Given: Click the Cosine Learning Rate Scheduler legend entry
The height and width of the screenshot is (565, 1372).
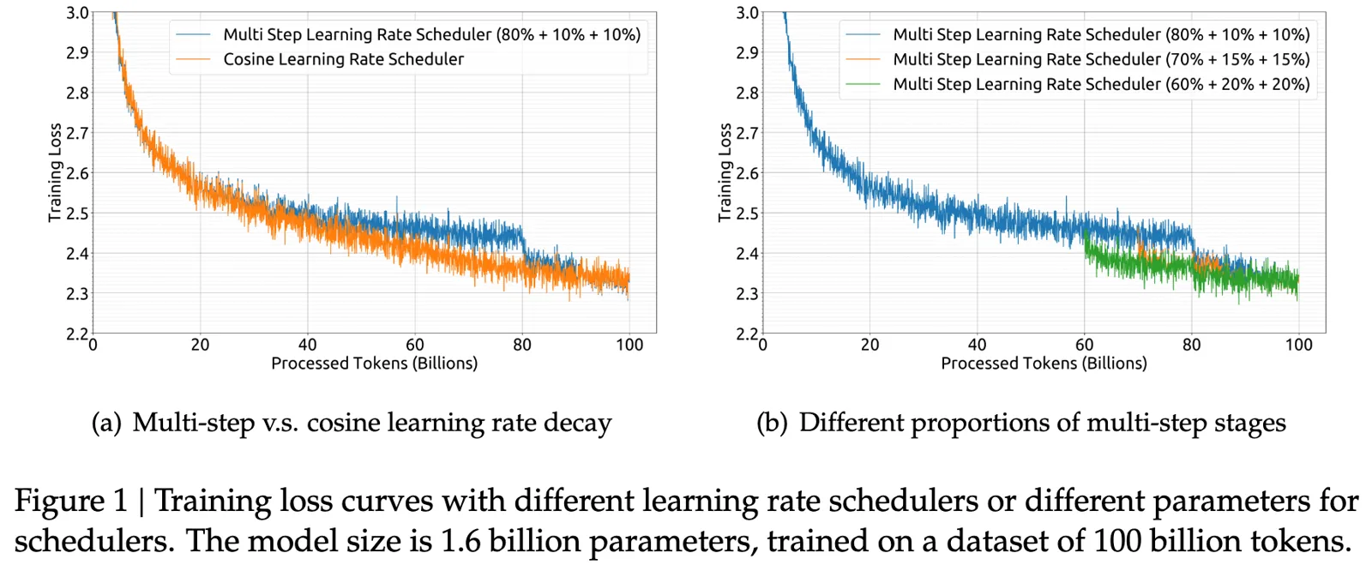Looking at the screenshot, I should click(x=343, y=59).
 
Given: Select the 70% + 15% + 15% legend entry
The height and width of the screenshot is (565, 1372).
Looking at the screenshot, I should click(x=1101, y=59).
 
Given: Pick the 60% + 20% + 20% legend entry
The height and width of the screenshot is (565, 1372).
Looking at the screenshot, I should click(x=1101, y=84).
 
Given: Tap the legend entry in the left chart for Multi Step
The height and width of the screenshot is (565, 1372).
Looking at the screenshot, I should click(x=431, y=34).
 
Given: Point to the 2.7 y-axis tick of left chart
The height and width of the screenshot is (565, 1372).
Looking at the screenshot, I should click(x=77, y=133).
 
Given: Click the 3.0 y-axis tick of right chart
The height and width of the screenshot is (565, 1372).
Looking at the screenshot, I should click(x=747, y=13).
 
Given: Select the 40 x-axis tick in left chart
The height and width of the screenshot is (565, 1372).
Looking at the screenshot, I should click(x=307, y=345).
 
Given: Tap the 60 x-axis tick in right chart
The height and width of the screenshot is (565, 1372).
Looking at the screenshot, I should click(x=1084, y=345).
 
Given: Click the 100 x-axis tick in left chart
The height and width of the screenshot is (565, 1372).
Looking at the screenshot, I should click(x=629, y=345).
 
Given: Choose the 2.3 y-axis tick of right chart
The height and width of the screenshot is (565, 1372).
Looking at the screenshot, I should click(x=747, y=294).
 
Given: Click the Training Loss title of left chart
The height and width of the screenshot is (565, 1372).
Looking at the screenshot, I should click(x=55, y=172).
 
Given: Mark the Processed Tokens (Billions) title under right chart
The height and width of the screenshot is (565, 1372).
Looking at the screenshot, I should click(x=1044, y=364).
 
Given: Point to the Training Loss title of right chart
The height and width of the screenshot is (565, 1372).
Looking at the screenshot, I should click(x=725, y=172).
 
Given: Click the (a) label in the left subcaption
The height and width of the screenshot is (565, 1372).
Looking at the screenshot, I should click(x=106, y=423).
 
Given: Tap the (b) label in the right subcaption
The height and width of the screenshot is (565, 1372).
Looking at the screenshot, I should click(x=772, y=423).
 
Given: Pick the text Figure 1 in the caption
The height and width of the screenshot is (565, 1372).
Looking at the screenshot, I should click(x=70, y=500).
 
